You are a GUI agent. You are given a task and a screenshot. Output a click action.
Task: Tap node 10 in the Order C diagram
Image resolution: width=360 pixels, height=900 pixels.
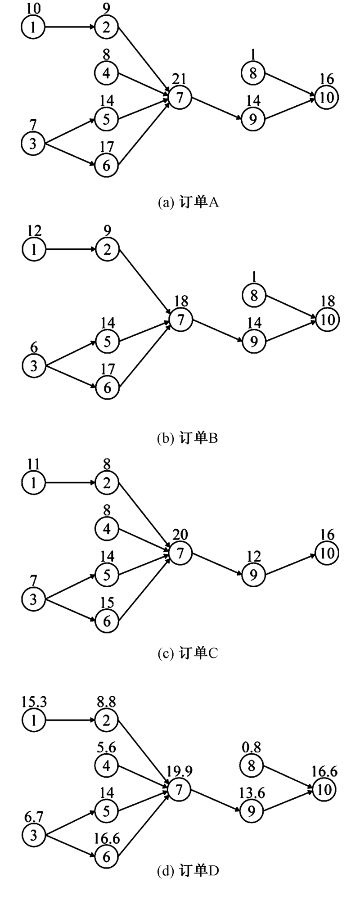click(x=327, y=553)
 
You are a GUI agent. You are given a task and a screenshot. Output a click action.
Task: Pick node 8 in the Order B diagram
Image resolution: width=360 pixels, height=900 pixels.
click(x=254, y=296)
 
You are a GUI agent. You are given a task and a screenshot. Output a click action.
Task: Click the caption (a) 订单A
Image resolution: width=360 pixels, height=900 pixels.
click(x=188, y=202)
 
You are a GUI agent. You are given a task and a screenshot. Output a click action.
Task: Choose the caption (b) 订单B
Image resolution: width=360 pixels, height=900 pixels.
click(x=188, y=438)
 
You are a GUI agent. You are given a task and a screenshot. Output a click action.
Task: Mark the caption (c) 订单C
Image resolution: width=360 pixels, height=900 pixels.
click(x=188, y=653)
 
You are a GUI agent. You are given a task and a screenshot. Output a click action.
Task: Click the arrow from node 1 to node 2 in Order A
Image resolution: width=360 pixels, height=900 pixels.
click(x=70, y=27)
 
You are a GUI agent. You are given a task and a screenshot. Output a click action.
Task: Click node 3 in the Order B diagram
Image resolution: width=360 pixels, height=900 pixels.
click(x=34, y=365)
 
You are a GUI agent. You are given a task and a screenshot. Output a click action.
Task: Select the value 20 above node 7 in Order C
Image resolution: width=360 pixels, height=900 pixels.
click(x=180, y=535)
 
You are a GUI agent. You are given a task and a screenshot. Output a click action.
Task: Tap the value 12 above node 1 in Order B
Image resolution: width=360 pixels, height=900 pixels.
click(x=34, y=231)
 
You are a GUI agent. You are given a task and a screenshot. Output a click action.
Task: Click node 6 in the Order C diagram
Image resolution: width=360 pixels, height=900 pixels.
click(x=107, y=621)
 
